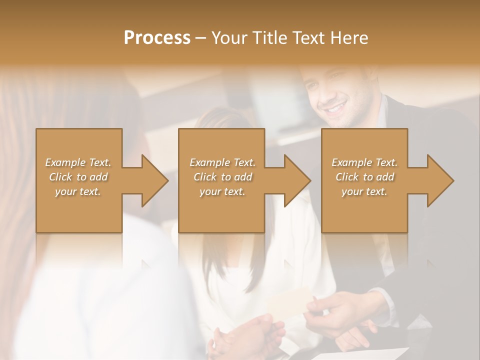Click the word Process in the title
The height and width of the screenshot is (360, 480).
point(157,38)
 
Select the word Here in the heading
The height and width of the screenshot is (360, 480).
point(348,38)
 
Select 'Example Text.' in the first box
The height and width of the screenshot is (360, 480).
point(78,162)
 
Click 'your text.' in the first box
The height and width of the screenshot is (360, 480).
point(78,191)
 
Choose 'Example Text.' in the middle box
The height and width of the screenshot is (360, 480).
point(222,162)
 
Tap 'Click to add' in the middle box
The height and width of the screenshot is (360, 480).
point(222,177)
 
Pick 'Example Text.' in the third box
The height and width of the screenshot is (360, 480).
point(364,162)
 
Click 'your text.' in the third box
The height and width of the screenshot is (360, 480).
point(364,191)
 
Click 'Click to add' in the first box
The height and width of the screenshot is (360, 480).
point(78,177)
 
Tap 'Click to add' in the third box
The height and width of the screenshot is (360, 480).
point(364,177)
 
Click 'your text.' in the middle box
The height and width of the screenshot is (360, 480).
point(222,191)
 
